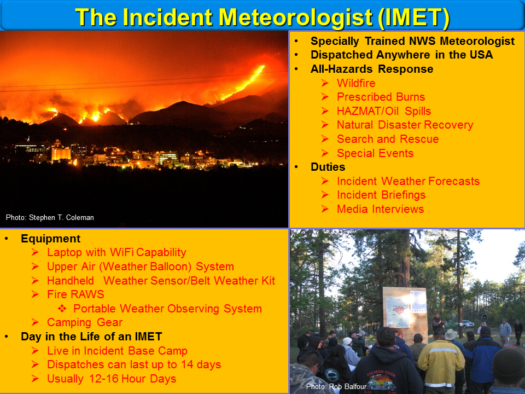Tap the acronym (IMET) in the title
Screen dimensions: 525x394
pyautogui.click(x=414, y=17)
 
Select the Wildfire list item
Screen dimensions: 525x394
pyautogui.click(x=356, y=83)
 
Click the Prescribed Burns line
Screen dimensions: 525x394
pyautogui.click(x=381, y=97)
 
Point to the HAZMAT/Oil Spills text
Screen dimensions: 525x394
pyautogui.click(x=384, y=111)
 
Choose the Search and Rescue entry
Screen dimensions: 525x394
pyautogui.click(x=388, y=138)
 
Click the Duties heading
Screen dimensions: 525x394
pyautogui.click(x=328, y=167)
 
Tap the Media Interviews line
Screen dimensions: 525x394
pyautogui.click(x=381, y=209)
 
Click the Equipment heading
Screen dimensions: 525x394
pyautogui.click(x=50, y=239)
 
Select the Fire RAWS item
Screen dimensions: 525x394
pyautogui.click(x=75, y=294)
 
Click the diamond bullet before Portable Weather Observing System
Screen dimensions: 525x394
pyautogui.click(x=62, y=308)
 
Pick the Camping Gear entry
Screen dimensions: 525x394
pyautogui.click(x=85, y=322)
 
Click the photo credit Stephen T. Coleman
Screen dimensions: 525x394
pyautogui.click(x=50, y=217)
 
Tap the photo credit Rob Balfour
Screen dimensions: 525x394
pyautogui.click(x=336, y=387)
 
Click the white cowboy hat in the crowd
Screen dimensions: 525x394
pyautogui.click(x=451, y=334)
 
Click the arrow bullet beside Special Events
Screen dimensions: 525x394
pyautogui.click(x=325, y=153)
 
